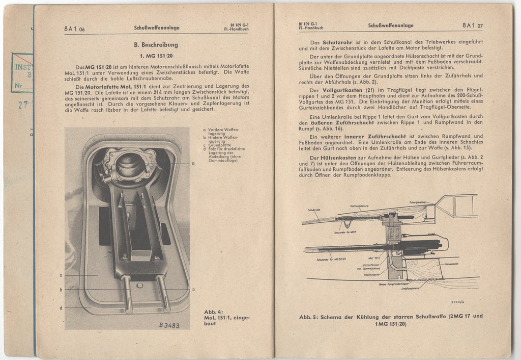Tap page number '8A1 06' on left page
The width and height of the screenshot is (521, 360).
pos(74,29)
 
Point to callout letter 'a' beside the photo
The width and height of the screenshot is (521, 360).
pos(193,164)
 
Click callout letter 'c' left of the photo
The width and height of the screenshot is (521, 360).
pos(61,275)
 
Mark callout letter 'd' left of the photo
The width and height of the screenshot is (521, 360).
pos(61,307)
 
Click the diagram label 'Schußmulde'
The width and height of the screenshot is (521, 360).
pos(314,210)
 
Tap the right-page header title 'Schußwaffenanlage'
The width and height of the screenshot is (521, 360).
pos(391,25)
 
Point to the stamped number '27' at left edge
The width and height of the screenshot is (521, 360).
pos(22,106)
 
